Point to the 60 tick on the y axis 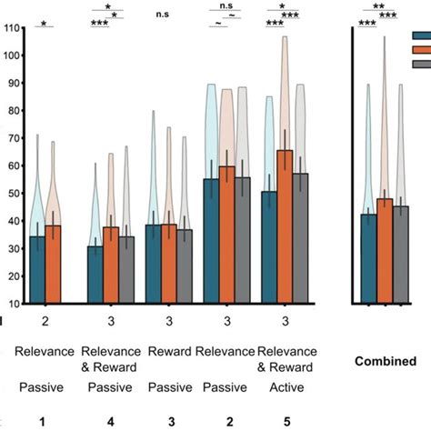click(13, 165)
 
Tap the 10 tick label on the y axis click(13, 303)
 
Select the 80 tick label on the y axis click(13, 111)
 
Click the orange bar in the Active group click(285, 227)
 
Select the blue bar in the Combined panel click(368, 259)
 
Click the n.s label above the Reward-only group click(163, 14)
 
